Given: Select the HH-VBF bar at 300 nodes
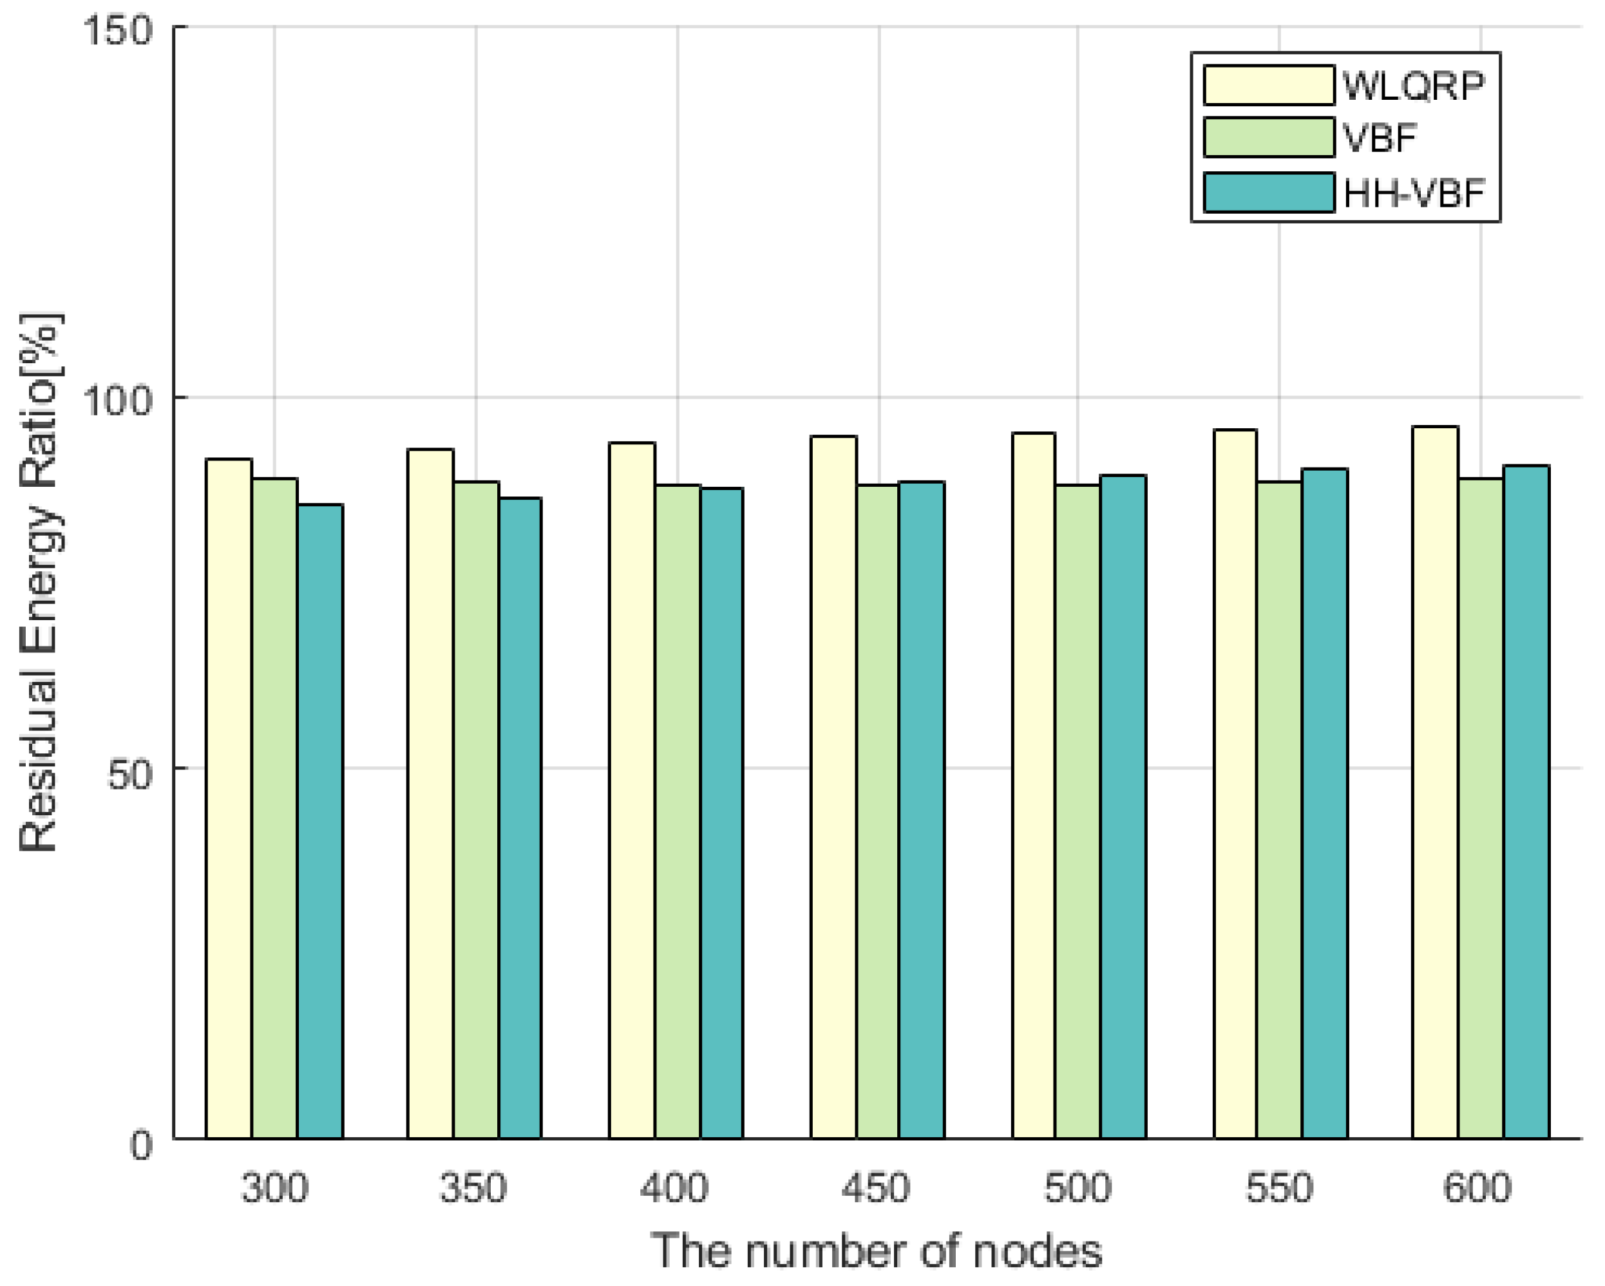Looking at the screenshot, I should click(320, 822).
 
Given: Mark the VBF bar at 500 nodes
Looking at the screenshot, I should click(1078, 811).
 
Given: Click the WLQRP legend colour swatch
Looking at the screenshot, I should click(1269, 85).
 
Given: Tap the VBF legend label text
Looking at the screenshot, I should click(1380, 138).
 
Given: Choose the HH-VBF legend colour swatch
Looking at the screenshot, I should click(1269, 193).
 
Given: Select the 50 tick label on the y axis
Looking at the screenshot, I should click(129, 774).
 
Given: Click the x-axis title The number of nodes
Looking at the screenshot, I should click(876, 1252).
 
